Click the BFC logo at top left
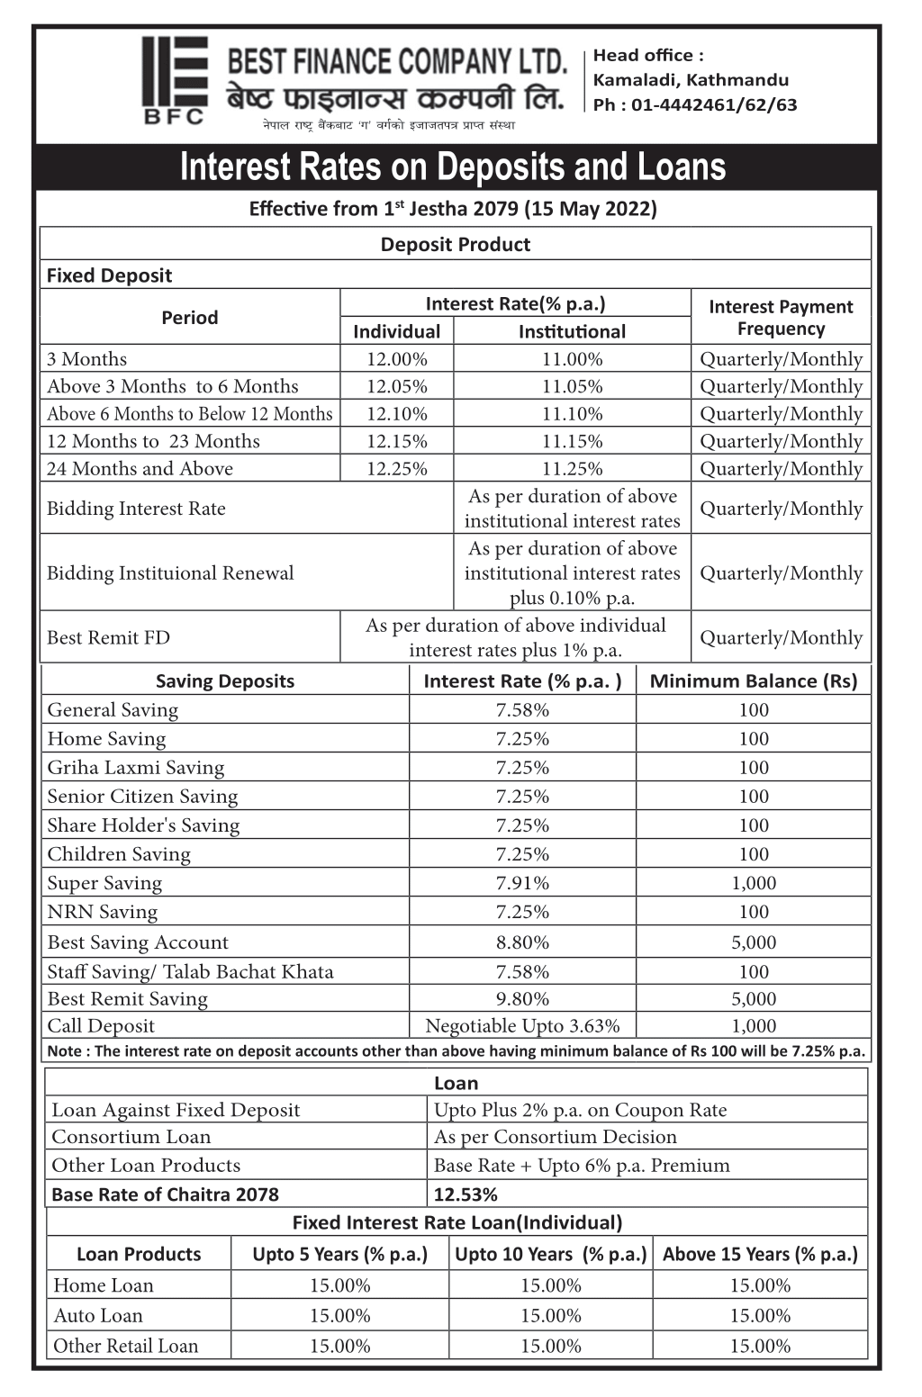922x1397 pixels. tap(175, 80)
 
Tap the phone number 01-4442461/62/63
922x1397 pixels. tap(714, 104)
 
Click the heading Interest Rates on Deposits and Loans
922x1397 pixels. tap(453, 167)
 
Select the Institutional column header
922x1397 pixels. tap(572, 331)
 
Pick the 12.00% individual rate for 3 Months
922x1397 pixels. tap(396, 359)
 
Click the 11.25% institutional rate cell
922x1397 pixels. tap(572, 469)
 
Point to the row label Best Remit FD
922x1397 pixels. tap(108, 637)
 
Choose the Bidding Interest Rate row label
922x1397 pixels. tap(136, 509)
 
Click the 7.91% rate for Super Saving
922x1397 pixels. tap(522, 883)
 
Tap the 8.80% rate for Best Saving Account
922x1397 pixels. tap(522, 942)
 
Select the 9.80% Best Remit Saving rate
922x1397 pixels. tap(522, 999)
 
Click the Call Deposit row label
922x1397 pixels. tap(101, 1026)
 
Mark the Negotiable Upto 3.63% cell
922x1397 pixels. tap(522, 1026)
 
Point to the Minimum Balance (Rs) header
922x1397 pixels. tap(754, 681)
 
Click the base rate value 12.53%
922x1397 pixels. tap(466, 1194)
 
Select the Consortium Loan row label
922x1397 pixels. tap(131, 1137)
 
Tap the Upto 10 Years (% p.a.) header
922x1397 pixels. tap(550, 1254)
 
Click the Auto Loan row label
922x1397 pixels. tap(98, 1315)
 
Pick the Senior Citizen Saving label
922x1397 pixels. tap(142, 797)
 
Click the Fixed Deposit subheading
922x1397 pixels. tap(109, 275)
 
